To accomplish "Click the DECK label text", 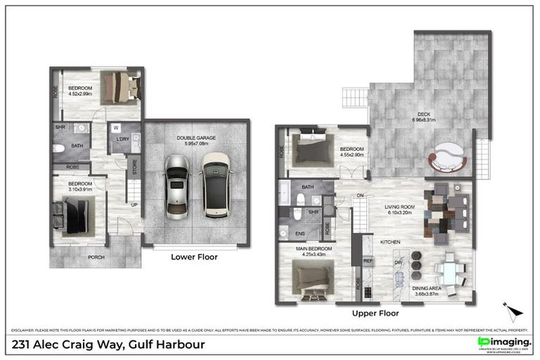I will click(424, 115).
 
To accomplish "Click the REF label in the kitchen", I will click(367, 261).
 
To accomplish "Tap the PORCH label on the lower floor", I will click(96, 257).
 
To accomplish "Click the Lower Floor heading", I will click(194, 257).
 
